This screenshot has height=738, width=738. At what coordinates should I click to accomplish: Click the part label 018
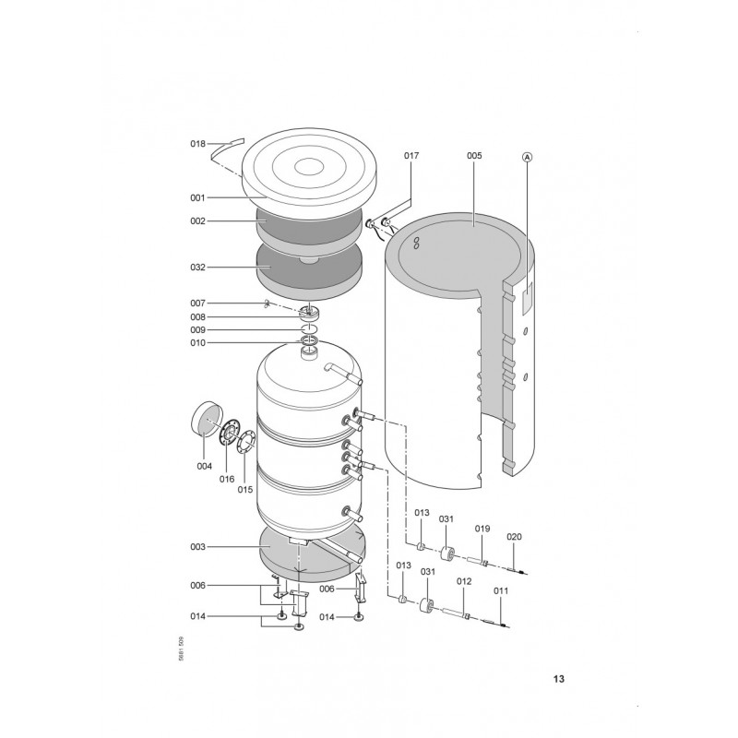click(197, 144)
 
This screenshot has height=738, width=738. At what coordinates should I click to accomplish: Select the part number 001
click(197, 198)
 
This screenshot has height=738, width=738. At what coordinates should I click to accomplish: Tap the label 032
click(197, 268)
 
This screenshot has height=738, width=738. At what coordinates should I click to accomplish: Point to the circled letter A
click(527, 157)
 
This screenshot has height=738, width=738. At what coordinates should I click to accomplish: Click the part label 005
click(474, 156)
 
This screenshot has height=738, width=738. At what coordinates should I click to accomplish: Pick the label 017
click(411, 156)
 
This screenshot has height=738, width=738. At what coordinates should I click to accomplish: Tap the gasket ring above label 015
click(246, 444)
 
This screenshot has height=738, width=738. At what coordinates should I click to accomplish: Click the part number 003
click(197, 547)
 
